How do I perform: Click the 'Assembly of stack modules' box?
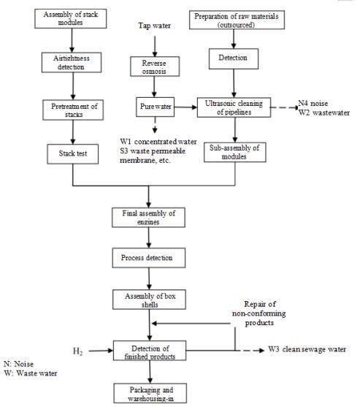point(71,19)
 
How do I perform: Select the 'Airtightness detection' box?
point(72,63)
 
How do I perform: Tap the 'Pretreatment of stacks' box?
point(73,110)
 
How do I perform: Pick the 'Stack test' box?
point(72,154)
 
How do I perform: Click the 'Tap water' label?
point(154,26)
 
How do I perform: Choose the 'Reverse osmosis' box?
point(155,66)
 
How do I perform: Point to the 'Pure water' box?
point(155,107)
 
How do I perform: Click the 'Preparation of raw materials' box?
point(237,20)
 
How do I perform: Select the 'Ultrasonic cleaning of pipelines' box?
point(234,107)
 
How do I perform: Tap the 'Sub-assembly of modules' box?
point(235,152)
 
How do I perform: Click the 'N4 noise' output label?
point(313,104)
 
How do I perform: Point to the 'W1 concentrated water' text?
point(158,142)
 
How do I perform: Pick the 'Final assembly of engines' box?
point(148,218)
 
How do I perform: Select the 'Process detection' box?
point(149,258)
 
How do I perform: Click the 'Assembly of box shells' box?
point(149,300)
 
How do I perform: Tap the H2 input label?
point(78,351)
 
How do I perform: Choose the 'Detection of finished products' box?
point(150,351)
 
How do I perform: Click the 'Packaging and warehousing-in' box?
point(150,393)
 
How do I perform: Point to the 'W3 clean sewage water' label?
point(307,349)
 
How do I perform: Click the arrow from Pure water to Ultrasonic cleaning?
point(185,107)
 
